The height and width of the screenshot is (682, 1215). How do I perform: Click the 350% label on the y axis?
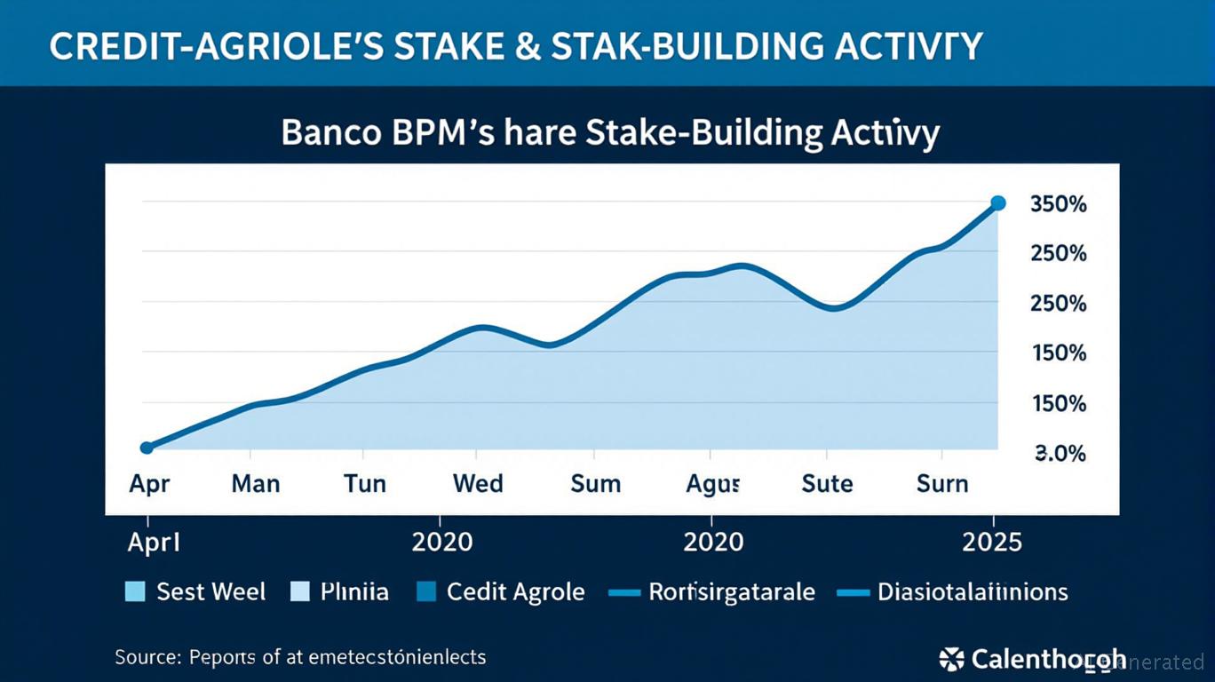click(x=1058, y=204)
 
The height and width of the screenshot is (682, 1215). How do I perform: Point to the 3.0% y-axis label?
click(x=1060, y=454)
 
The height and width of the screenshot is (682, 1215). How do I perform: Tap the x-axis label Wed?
click(x=478, y=484)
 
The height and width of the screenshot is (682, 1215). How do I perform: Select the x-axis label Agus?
click(x=713, y=484)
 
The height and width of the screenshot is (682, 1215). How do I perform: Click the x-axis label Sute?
click(x=827, y=484)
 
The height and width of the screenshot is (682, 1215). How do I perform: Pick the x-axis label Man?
click(x=256, y=484)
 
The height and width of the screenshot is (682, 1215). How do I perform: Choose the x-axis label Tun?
click(x=365, y=484)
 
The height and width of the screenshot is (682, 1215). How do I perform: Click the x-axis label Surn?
click(x=941, y=484)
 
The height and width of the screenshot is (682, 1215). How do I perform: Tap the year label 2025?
click(x=993, y=542)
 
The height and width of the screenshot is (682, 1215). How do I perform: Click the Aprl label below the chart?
click(x=154, y=542)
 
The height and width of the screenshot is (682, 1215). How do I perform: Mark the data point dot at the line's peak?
click(x=997, y=203)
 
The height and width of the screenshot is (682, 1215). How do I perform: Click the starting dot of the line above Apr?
click(x=147, y=448)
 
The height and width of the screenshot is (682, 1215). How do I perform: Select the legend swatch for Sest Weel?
click(x=135, y=592)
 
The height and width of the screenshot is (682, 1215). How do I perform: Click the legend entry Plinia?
click(x=353, y=592)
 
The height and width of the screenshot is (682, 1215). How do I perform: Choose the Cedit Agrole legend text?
click(x=515, y=592)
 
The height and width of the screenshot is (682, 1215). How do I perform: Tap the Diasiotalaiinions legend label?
click(x=973, y=592)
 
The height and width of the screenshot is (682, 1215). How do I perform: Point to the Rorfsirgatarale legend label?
click(x=731, y=592)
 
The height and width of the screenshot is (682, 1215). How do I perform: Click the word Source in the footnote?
click(x=147, y=658)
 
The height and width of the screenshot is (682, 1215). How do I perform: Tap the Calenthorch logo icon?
click(x=951, y=659)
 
